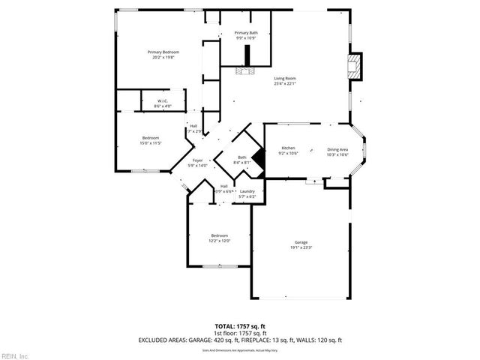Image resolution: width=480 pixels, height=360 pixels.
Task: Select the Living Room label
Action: click(x=284, y=80)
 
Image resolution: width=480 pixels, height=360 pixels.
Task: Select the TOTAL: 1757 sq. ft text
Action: click(x=240, y=326)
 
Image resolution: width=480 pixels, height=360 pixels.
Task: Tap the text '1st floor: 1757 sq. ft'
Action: click(x=240, y=332)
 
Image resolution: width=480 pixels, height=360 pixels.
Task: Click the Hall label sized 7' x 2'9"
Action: click(x=193, y=128)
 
